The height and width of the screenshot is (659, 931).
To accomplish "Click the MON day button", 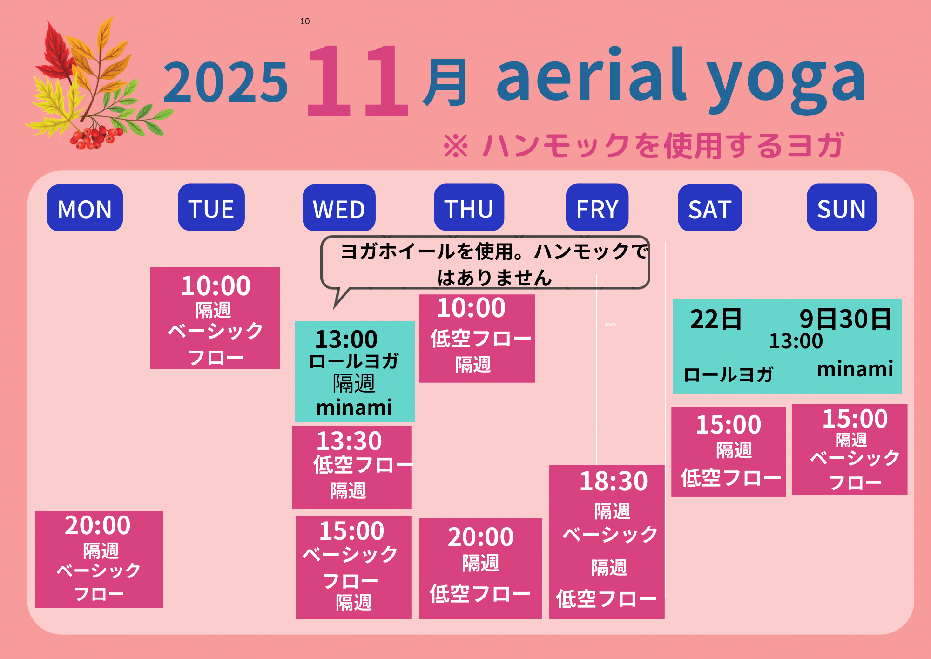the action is [x=85, y=208].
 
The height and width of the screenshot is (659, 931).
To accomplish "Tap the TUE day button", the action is [x=211, y=207].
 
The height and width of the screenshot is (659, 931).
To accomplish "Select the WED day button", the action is [x=339, y=208].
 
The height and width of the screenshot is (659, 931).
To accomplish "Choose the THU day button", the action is [x=469, y=207].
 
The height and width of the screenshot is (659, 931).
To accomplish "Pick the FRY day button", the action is [x=597, y=207].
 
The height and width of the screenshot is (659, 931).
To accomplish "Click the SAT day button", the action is [x=710, y=208].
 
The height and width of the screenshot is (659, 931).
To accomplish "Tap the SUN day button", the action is [x=842, y=207].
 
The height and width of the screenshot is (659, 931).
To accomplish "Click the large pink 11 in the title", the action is [x=357, y=80].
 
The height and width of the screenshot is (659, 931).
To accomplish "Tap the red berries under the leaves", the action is [x=95, y=137].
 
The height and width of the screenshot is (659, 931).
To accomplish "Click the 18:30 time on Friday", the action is [x=614, y=481].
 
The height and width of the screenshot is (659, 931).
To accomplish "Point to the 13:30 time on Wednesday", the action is [x=349, y=441].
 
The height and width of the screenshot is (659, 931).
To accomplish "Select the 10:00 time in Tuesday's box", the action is [x=216, y=285].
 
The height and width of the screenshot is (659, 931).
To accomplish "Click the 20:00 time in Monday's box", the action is [x=98, y=525].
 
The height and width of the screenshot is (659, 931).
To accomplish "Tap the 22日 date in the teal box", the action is [x=716, y=319].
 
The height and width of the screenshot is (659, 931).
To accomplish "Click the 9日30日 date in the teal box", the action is [x=845, y=319].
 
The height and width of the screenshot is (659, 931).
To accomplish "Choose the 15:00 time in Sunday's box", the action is [x=855, y=418].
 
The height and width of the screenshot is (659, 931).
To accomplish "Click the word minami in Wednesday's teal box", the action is [x=354, y=408].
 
